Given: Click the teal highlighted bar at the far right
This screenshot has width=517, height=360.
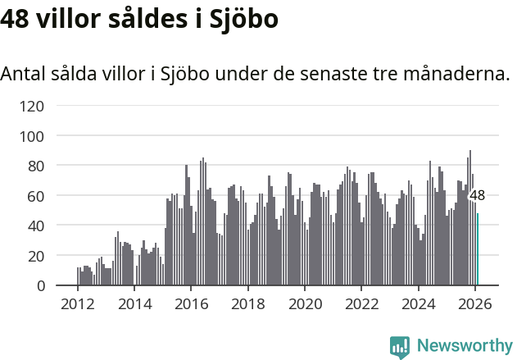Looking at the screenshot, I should point(478,249).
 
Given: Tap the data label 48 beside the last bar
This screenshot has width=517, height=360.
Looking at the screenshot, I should point(477,195).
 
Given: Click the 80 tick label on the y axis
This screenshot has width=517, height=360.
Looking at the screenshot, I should point(36,166).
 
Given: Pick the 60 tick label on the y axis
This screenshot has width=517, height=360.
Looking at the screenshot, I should point(36,196).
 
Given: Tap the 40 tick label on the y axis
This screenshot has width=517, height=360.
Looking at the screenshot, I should point(36,226).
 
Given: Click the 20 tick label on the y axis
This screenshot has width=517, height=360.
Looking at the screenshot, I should point(36,256).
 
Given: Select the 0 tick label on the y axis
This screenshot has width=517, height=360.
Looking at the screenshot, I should point(40,286).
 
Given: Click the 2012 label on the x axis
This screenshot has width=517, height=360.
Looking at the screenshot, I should point(78,303).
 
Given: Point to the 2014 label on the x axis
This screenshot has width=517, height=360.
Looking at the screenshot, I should point(134,303).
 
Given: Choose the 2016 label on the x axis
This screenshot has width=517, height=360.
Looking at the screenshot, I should point(191,303).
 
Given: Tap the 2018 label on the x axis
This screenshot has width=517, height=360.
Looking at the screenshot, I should point(247,303).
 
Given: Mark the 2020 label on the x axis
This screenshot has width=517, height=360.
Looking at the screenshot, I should point(305,303).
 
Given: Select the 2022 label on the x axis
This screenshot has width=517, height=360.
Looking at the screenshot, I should point(361,303).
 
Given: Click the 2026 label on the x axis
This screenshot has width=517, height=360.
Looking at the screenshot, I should point(474,303).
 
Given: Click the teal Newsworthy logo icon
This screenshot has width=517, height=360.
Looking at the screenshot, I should point(400,346).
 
